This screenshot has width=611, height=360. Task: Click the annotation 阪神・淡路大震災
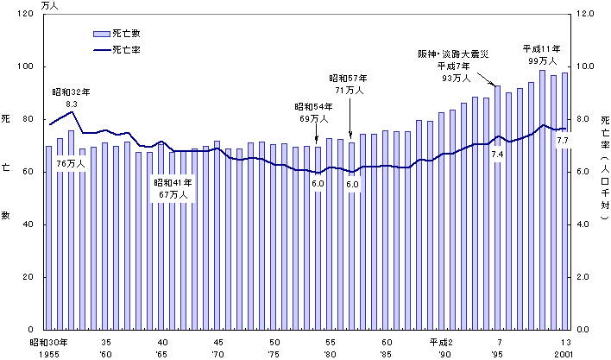(x=453, y=54)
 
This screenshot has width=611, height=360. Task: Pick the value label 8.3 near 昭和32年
(x=72, y=104)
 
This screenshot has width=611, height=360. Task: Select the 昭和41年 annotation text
(x=174, y=182)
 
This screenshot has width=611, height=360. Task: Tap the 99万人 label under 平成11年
(x=542, y=62)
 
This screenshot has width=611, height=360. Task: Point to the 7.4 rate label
(x=497, y=154)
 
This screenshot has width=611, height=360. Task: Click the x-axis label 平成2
(x=442, y=343)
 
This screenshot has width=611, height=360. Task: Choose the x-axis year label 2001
(x=565, y=354)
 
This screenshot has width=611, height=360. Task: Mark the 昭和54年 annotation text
(x=315, y=107)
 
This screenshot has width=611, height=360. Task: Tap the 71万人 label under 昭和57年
(x=350, y=89)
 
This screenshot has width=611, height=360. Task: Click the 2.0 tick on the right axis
(x=585, y=277)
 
